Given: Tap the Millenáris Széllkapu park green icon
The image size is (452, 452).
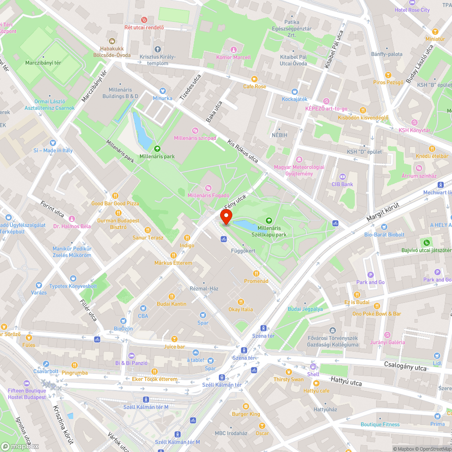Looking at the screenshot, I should (x=269, y=221).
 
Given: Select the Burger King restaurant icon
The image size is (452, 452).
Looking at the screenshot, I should (x=246, y=406).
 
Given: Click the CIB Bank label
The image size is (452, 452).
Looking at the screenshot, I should (x=342, y=184).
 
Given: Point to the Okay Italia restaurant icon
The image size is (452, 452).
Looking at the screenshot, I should (x=240, y=302).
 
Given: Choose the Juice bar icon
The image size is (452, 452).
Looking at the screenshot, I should (x=174, y=339).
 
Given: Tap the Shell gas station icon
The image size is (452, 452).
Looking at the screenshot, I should (x=313, y=367).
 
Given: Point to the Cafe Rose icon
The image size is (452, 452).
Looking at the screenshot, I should (x=254, y=79).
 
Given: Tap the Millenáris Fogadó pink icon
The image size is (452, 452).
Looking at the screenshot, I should (x=208, y=188).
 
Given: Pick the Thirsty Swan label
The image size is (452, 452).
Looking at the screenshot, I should (x=288, y=379).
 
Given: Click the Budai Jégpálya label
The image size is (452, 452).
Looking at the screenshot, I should (x=305, y=309).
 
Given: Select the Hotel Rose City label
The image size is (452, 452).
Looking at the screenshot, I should (x=412, y=10).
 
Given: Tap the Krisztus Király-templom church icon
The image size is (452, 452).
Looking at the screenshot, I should (x=157, y=49).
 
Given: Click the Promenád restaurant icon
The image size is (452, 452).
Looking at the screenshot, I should (x=256, y=273).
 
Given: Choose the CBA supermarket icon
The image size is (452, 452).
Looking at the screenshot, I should (x=143, y=308).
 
